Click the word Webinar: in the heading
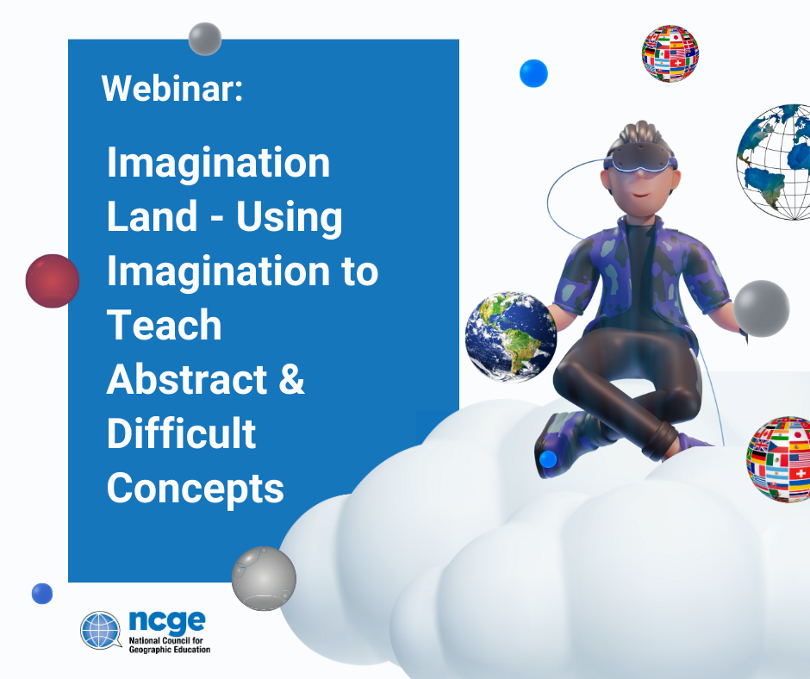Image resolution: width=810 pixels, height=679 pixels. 172,89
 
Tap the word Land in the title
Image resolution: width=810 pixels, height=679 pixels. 153,216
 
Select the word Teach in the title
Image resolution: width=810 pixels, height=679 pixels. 165,325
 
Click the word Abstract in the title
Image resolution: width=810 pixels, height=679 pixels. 186,379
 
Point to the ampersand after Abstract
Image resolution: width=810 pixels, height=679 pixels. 292,379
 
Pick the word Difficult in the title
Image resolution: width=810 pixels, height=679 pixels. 181,433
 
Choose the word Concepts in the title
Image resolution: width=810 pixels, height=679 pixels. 196,489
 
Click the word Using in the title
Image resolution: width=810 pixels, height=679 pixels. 290,218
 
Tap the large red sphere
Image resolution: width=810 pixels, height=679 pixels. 53,281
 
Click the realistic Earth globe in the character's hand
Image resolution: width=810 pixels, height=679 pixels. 510,337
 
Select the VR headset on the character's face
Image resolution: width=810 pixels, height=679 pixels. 640,158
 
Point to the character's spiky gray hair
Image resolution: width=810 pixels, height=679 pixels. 640,134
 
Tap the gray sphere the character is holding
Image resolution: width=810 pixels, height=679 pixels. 762,308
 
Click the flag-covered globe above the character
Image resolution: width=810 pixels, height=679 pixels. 670,53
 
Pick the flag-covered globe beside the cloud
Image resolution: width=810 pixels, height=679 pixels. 778,459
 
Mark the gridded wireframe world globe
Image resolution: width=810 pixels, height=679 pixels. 773,162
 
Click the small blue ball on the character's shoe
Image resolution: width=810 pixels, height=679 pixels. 547,459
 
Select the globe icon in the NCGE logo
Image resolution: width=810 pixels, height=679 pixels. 101,630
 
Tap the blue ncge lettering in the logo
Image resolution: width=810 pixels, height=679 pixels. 167,621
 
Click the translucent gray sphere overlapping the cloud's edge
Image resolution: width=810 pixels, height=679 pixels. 264,578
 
